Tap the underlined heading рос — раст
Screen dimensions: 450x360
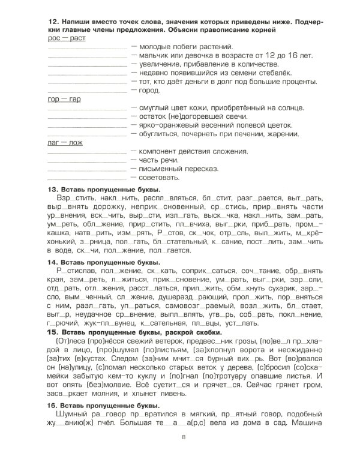66,38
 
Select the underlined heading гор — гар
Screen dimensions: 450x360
64,99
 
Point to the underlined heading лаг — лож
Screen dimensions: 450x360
64,143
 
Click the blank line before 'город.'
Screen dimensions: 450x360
86,91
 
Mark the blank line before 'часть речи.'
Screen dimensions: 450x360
86,161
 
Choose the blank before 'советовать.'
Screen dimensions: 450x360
86,178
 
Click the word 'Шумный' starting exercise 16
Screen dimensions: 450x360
68,415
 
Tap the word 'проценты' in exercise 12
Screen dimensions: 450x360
299,82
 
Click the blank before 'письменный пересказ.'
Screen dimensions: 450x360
86,170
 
